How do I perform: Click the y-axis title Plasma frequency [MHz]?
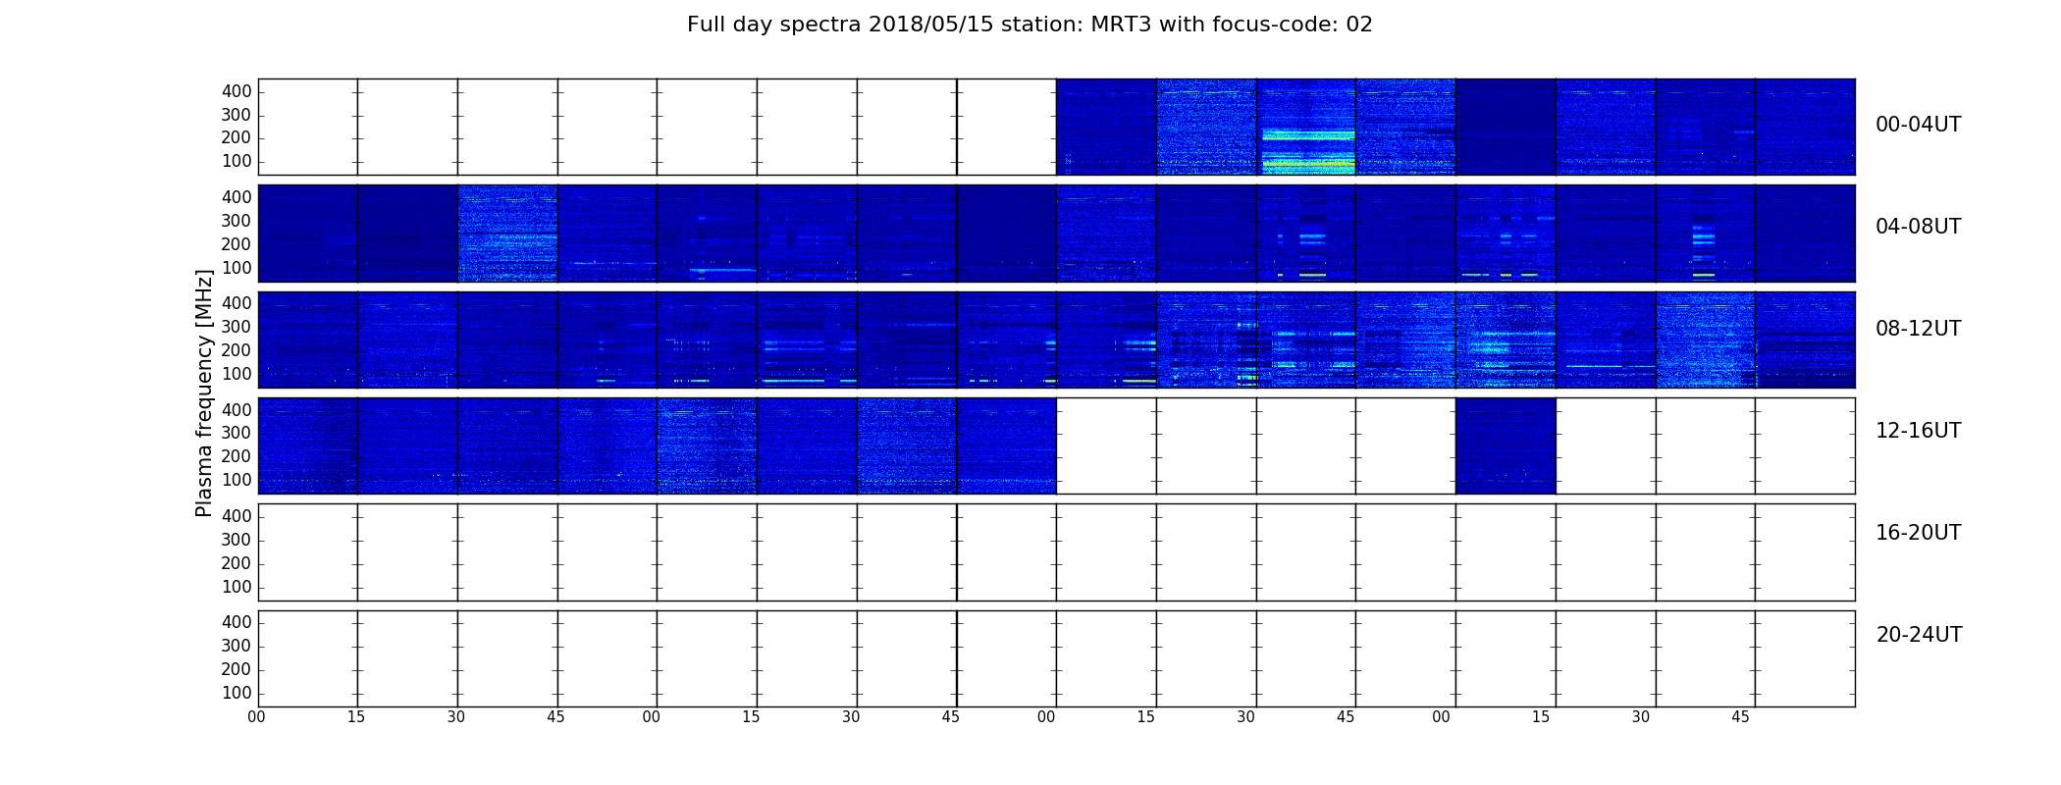(x=204, y=392)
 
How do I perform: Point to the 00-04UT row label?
(x=1919, y=125)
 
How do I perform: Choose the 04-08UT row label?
(x=1919, y=227)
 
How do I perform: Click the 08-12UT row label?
(x=1919, y=329)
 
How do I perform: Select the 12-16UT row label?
(x=1919, y=431)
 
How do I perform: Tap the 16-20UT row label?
(x=1919, y=533)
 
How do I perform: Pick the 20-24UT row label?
(x=1919, y=635)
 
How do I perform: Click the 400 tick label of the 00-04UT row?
(x=237, y=91)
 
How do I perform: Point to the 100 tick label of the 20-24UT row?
(x=237, y=693)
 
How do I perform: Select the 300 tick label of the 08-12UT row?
(x=237, y=327)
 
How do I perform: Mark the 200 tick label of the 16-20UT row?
(x=237, y=563)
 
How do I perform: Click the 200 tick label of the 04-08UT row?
(x=237, y=244)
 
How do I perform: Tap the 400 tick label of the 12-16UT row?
(x=237, y=410)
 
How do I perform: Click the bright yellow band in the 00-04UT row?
(x=1307, y=164)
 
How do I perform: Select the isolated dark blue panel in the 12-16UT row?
(x=1506, y=445)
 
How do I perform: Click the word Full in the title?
(x=705, y=25)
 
